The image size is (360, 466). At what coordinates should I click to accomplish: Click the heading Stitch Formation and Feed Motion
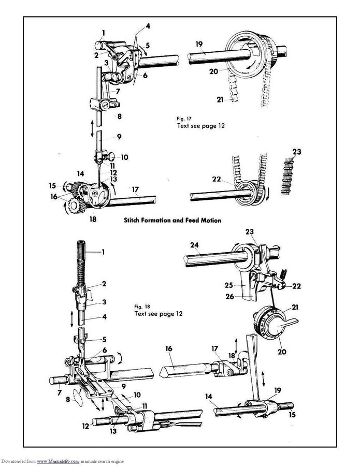172,220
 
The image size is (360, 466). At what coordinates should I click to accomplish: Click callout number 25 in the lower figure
228,285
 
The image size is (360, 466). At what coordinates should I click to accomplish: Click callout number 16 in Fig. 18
168,350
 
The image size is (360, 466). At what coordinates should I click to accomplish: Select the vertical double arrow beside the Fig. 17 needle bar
92,128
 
